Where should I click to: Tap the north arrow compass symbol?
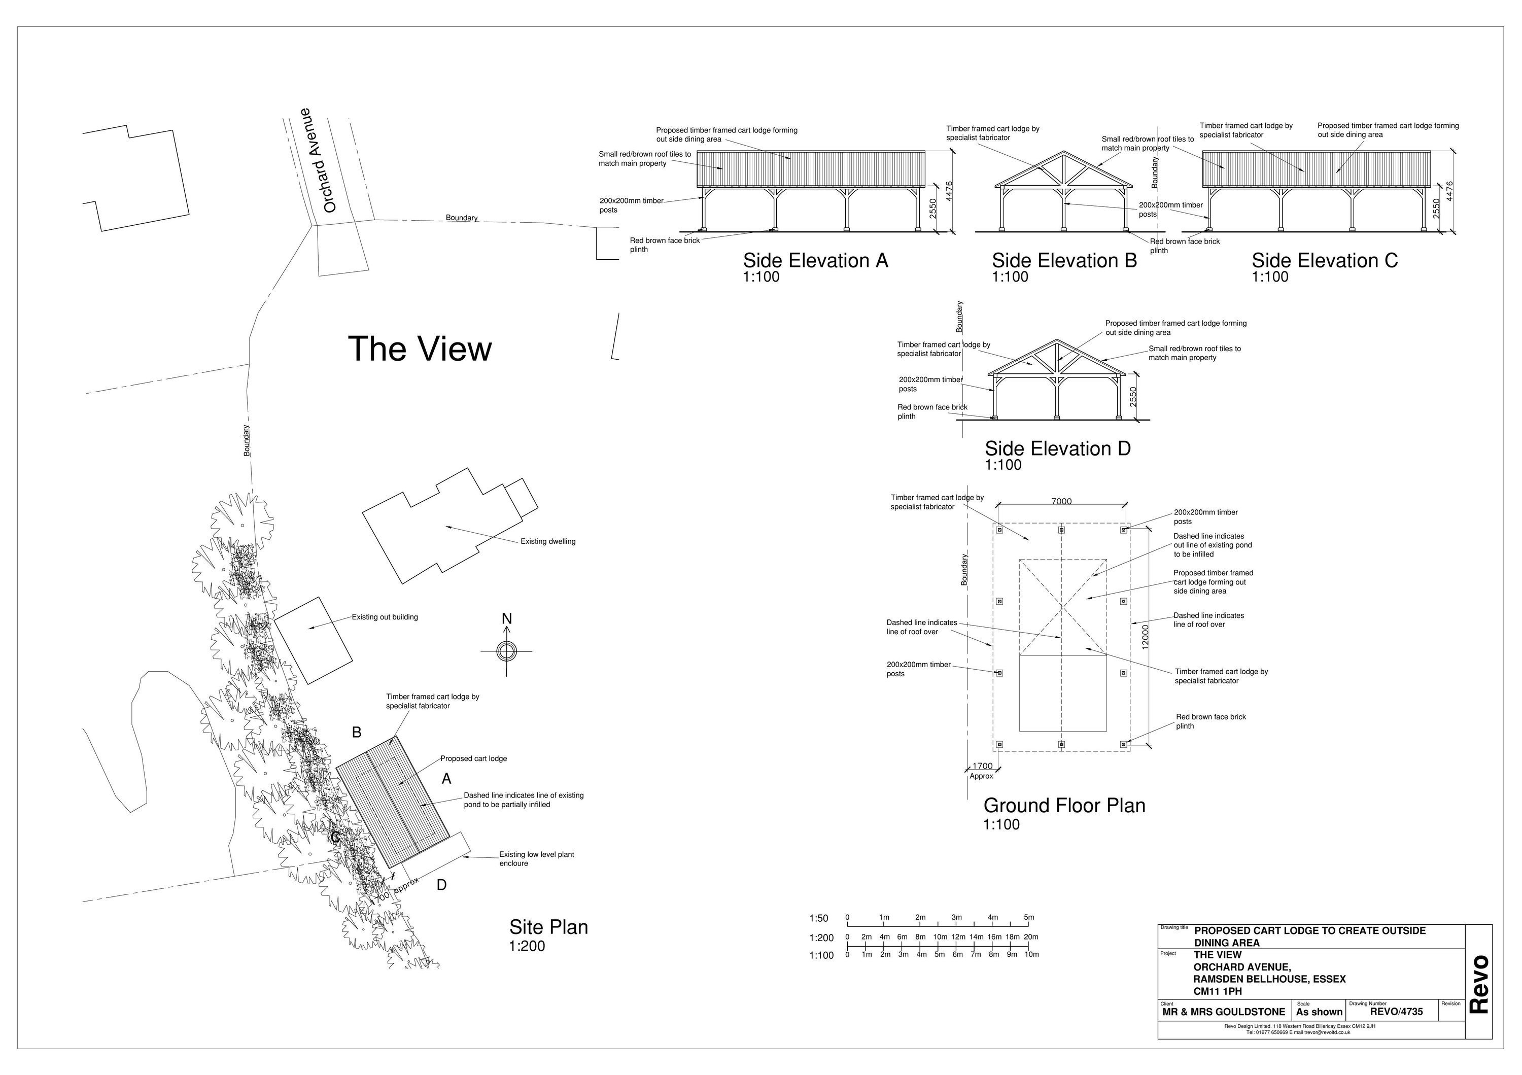tap(506, 651)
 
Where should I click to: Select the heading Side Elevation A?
tap(815, 260)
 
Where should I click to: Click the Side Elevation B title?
tap(1064, 260)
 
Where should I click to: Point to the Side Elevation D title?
tap(1057, 448)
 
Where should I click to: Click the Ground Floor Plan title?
tap(1064, 805)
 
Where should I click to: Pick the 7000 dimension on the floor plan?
tap(1061, 502)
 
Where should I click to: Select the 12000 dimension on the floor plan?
tap(1146, 637)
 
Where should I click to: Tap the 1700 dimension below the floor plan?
tap(982, 766)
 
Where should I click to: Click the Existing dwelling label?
tap(547, 541)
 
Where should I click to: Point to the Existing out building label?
tap(385, 617)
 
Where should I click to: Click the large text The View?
tap(420, 349)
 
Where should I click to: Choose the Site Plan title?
tap(548, 927)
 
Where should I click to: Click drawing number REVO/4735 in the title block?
tap(1396, 1012)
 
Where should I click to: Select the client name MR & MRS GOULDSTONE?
tap(1223, 1012)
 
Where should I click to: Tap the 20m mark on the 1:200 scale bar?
tap(1031, 937)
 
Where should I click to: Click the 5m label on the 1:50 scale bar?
tap(1029, 918)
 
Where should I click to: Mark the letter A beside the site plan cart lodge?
tap(447, 779)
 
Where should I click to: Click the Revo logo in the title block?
tap(1479, 984)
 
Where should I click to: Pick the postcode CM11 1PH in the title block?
tap(1218, 991)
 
